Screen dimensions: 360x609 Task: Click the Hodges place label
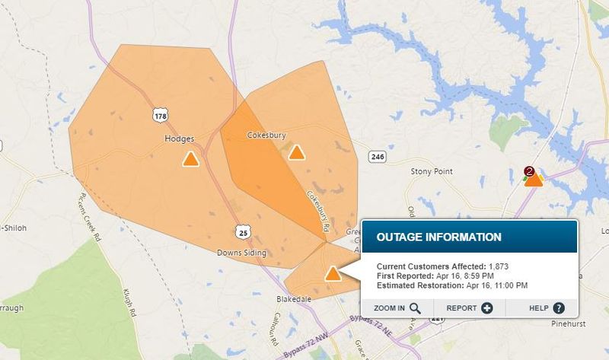[180, 139]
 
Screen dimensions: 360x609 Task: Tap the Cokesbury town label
[266, 135]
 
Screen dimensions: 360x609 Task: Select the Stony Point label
[432, 172]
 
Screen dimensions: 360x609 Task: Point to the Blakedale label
[294, 300]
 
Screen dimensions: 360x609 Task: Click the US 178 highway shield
[160, 115]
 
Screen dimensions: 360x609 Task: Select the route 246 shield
[377, 157]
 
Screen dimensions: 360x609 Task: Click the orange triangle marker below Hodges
[190, 159]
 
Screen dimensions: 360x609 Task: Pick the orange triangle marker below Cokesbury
[296, 153]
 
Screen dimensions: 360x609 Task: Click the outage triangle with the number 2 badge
[534, 178]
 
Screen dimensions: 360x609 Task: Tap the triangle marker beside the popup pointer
[333, 274]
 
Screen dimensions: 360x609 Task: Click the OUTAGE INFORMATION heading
[439, 237]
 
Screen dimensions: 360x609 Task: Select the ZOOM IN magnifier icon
[415, 308]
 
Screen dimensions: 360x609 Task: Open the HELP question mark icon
[559, 308]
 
